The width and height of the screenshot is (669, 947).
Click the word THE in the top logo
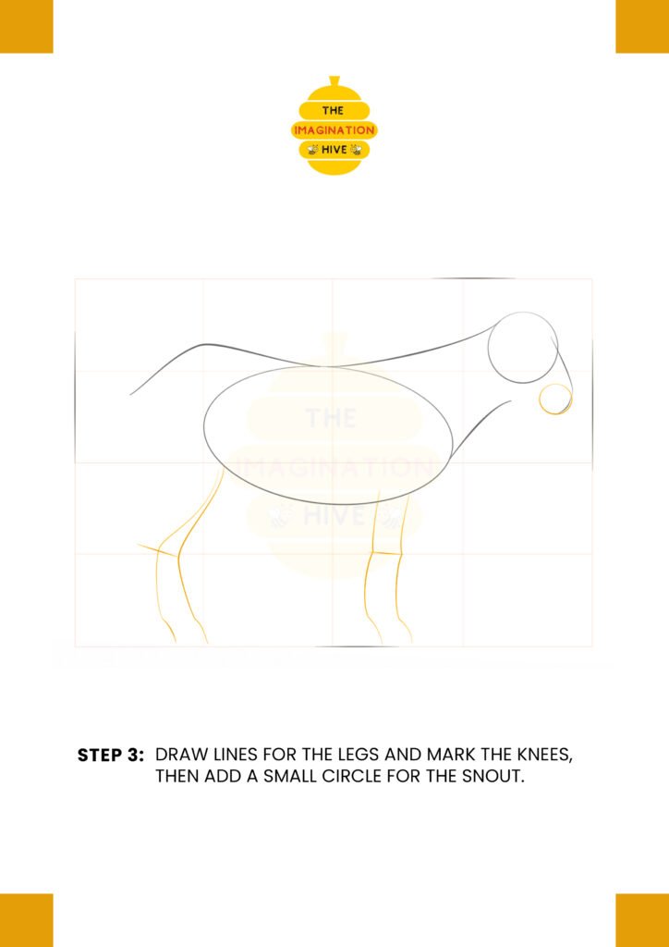pos(333,111)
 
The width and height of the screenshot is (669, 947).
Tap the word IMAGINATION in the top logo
pos(334,129)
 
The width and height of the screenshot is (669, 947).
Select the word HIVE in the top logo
pos(334,149)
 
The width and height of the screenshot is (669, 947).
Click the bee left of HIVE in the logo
pos(312,149)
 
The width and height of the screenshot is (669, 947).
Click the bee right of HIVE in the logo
pos(356,149)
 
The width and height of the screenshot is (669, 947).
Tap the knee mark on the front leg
pos(386,553)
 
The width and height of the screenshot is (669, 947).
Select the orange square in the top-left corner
pos(27,27)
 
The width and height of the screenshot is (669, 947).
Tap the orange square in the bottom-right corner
pos(642,920)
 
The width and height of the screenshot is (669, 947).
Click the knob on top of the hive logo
pos(334,81)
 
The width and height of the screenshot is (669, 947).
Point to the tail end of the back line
pos(131,395)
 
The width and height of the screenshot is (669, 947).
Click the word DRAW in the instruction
pos(178,756)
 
